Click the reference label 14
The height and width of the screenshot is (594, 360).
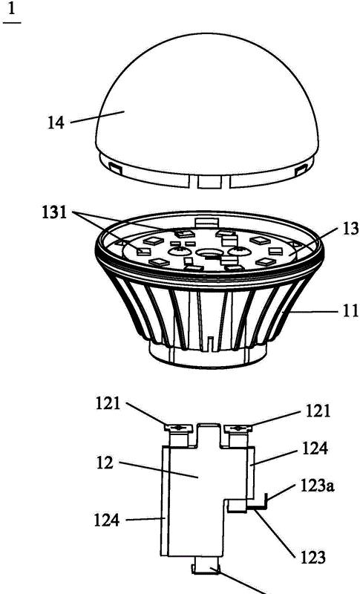[55, 123]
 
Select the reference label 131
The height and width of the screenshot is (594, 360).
[54, 212]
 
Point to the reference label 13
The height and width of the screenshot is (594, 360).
[351, 229]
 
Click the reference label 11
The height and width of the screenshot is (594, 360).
[352, 310]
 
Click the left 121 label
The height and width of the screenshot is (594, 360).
[108, 404]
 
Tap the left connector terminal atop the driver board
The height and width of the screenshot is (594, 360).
[179, 428]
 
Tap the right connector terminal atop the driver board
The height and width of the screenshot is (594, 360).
[238, 428]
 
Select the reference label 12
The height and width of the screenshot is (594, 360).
[105, 463]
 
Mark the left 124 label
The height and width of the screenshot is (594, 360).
[107, 520]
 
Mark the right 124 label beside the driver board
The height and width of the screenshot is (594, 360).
[315, 449]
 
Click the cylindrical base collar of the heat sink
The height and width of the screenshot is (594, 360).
[207, 354]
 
